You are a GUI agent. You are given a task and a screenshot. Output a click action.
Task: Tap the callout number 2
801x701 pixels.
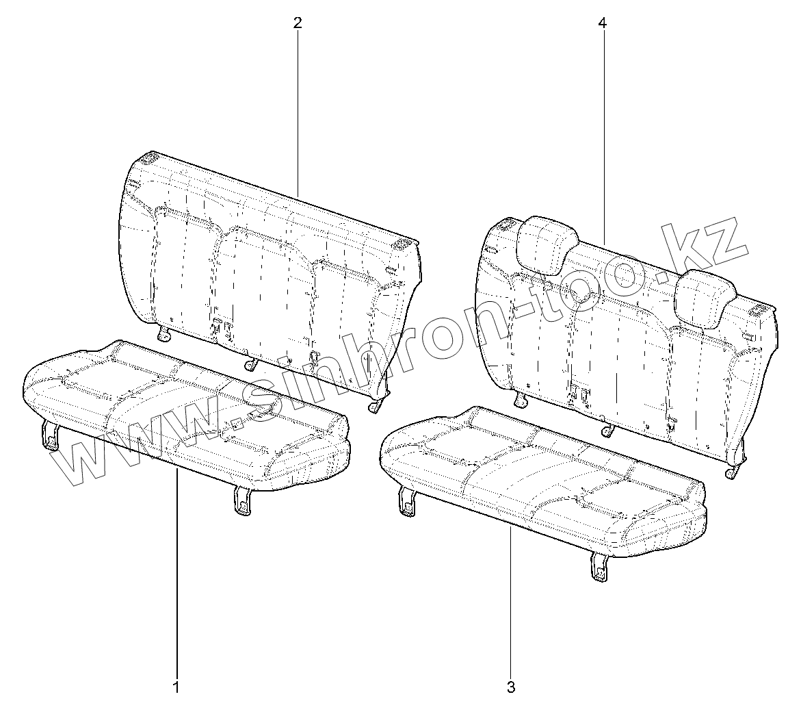click(298, 23)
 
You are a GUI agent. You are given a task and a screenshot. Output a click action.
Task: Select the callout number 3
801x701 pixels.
click(511, 686)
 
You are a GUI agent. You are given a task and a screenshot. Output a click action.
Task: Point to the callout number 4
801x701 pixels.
click(602, 23)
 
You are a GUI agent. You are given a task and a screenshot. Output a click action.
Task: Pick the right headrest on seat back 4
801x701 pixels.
click(704, 297)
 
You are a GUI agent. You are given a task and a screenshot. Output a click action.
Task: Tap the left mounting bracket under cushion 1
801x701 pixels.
click(50, 435)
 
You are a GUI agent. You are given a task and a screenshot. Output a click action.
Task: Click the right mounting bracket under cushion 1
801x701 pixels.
click(242, 500)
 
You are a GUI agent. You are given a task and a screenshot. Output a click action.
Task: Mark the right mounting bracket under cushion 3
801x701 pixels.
click(599, 567)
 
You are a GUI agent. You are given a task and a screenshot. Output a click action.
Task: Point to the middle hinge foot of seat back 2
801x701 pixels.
click(251, 364)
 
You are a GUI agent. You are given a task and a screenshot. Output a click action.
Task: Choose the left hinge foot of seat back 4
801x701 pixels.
click(522, 399)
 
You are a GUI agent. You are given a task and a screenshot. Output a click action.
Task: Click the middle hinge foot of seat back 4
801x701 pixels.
click(607, 430)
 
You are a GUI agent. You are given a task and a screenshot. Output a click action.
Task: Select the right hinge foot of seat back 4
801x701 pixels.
click(734, 472)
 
